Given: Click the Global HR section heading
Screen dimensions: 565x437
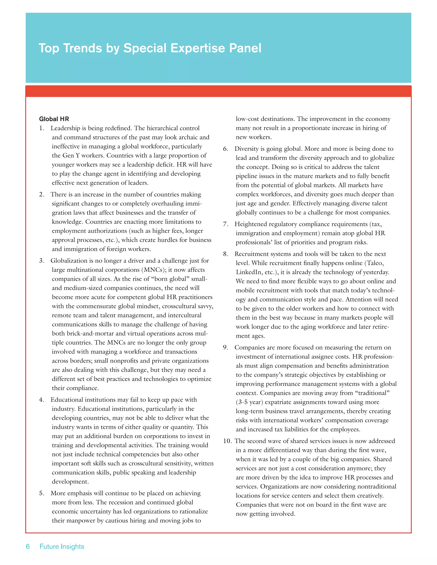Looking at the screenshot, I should click(x=54, y=119).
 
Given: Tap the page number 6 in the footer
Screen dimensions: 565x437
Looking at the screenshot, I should click(x=28, y=546).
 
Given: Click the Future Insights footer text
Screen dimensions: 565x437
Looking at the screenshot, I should click(x=62, y=546).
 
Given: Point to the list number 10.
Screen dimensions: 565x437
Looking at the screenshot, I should click(x=227, y=441).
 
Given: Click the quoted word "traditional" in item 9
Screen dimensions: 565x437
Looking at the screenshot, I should click(x=373, y=393).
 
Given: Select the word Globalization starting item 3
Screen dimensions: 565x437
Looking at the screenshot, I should click(x=72, y=261).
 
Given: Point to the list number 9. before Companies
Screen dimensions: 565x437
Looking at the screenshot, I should click(x=226, y=348).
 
